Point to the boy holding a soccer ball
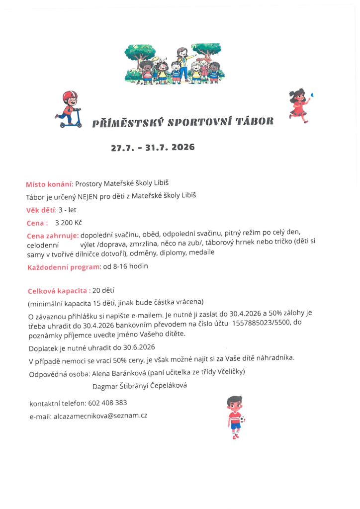[235, 417]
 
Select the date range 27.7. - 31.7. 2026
[153, 147]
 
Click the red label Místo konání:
[50, 184]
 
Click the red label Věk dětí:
[41, 209]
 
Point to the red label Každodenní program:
[64, 267]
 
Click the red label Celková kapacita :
[59, 290]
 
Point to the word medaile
[201, 253]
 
